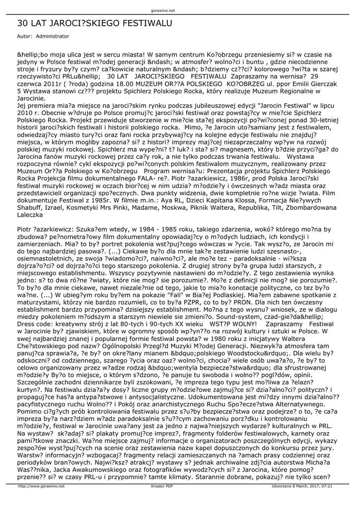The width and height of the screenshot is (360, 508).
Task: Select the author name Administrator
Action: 53,36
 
